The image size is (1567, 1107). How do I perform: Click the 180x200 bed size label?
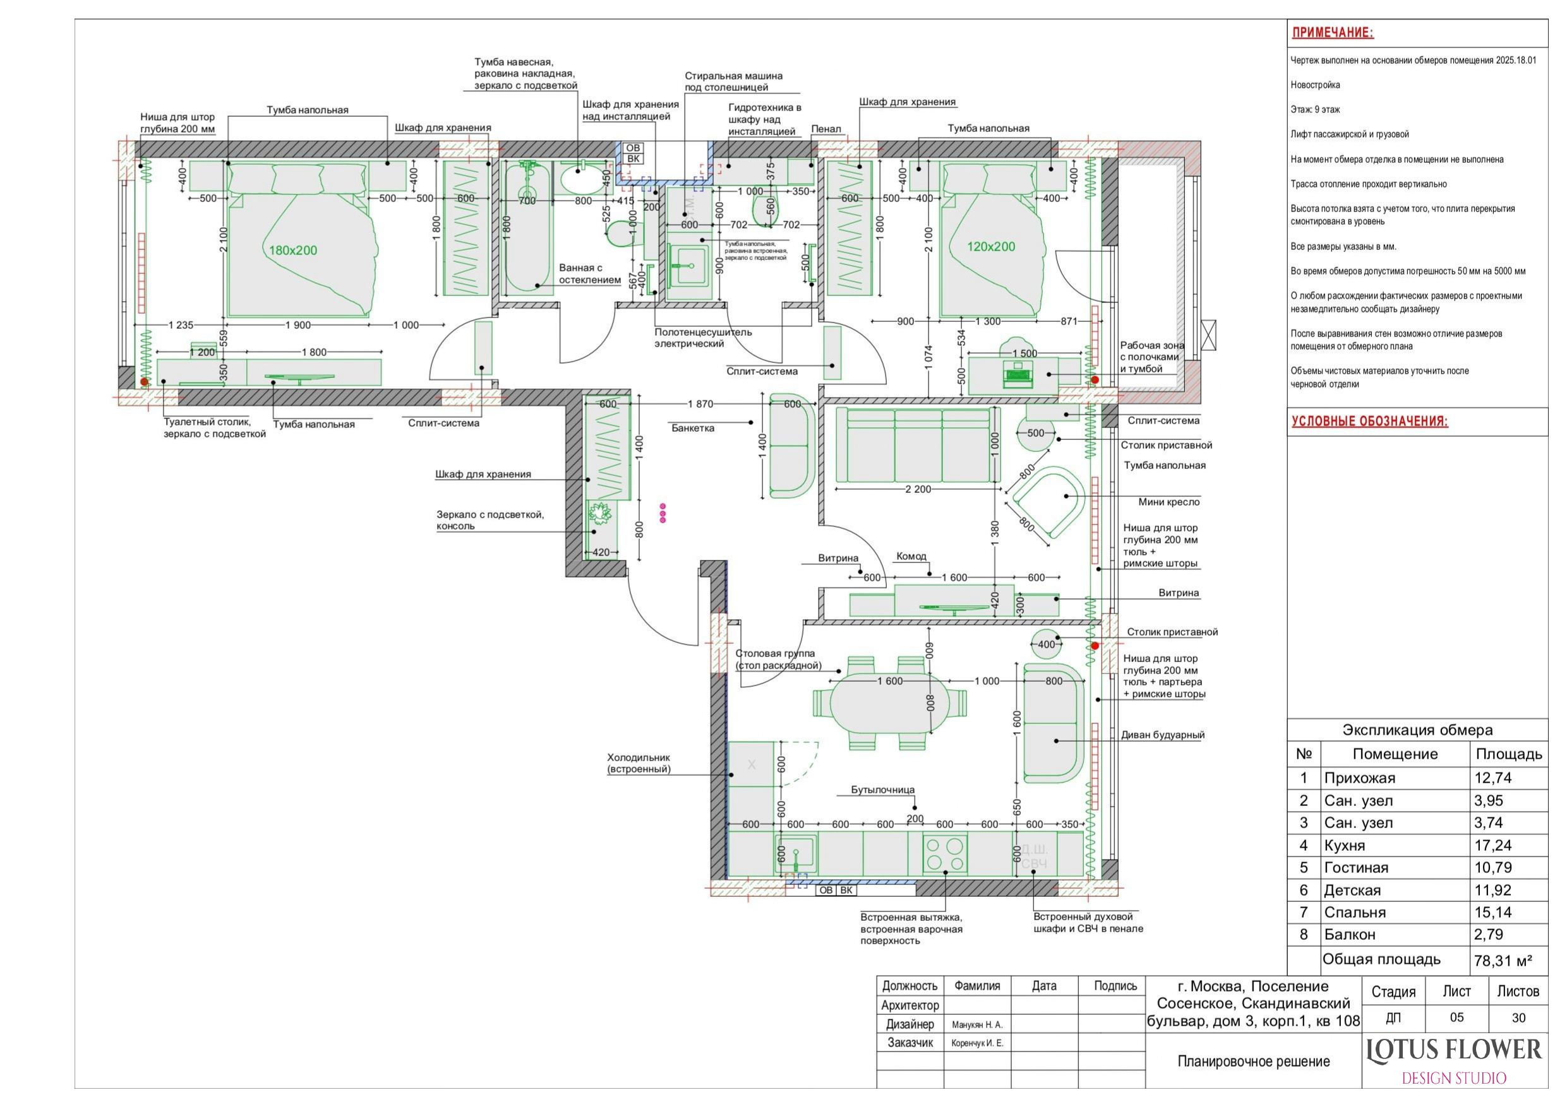[293, 251]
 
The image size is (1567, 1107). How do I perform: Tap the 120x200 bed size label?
[991, 247]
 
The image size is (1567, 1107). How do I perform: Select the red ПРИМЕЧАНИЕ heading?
[1333, 32]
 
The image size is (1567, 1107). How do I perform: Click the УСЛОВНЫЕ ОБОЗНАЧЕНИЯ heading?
[1369, 421]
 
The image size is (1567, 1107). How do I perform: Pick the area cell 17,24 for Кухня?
[1492, 846]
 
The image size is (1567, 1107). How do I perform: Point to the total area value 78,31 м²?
[1503, 961]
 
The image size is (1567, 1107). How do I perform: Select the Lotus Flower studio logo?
[1454, 1061]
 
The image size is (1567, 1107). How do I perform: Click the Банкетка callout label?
[693, 429]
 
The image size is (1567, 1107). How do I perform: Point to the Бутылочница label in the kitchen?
[882, 790]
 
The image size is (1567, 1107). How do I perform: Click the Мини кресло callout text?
[1168, 502]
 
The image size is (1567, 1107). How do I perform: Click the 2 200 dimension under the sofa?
[918, 489]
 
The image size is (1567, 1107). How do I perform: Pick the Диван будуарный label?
[1163, 735]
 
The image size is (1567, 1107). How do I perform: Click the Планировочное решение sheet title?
[1254, 1062]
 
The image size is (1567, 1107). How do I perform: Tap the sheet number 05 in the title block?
[1456, 1017]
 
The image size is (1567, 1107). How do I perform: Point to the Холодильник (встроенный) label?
[639, 763]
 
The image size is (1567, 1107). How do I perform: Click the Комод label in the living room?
[911, 557]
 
